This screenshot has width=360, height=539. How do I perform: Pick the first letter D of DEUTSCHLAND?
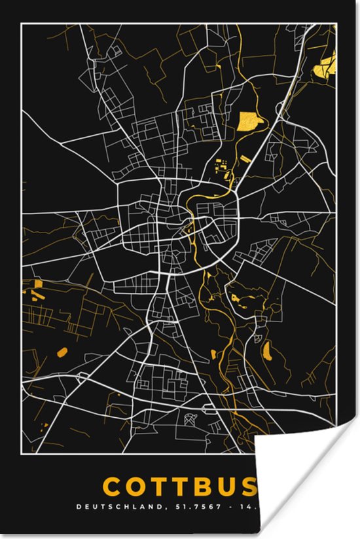[79, 506]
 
